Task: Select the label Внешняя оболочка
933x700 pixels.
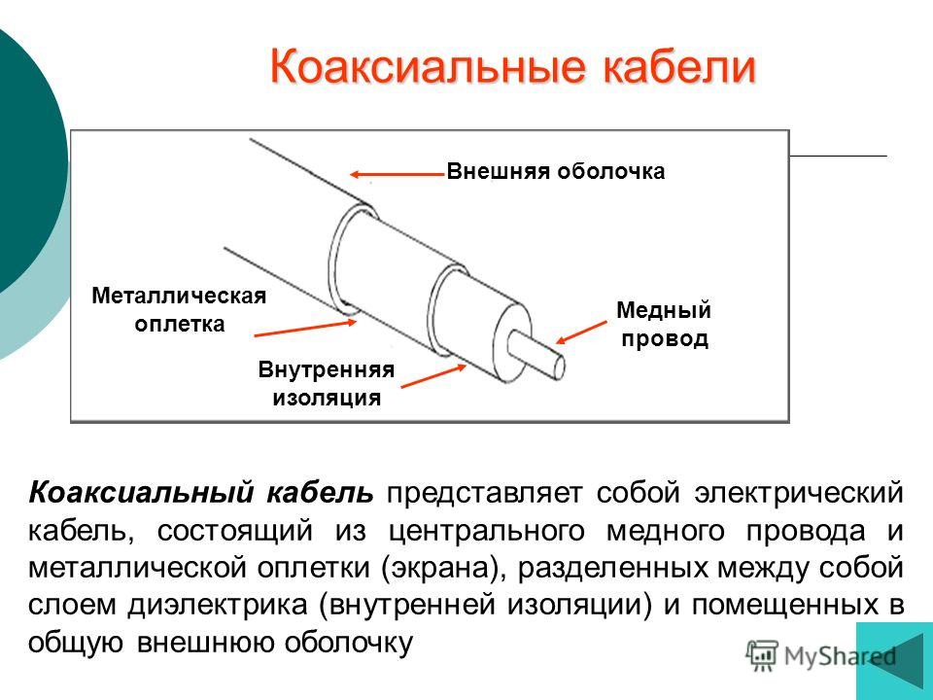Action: point(556,171)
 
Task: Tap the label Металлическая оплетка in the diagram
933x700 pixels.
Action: point(179,309)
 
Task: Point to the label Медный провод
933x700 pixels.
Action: point(664,325)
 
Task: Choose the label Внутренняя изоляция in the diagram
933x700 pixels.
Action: point(327,383)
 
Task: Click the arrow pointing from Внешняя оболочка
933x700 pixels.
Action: point(397,174)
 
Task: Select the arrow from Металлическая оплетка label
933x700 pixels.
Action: point(305,328)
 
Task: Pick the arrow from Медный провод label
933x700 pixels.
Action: point(581,332)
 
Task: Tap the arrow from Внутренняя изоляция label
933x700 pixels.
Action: point(433,376)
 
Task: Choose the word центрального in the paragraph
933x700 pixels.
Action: point(487,532)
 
